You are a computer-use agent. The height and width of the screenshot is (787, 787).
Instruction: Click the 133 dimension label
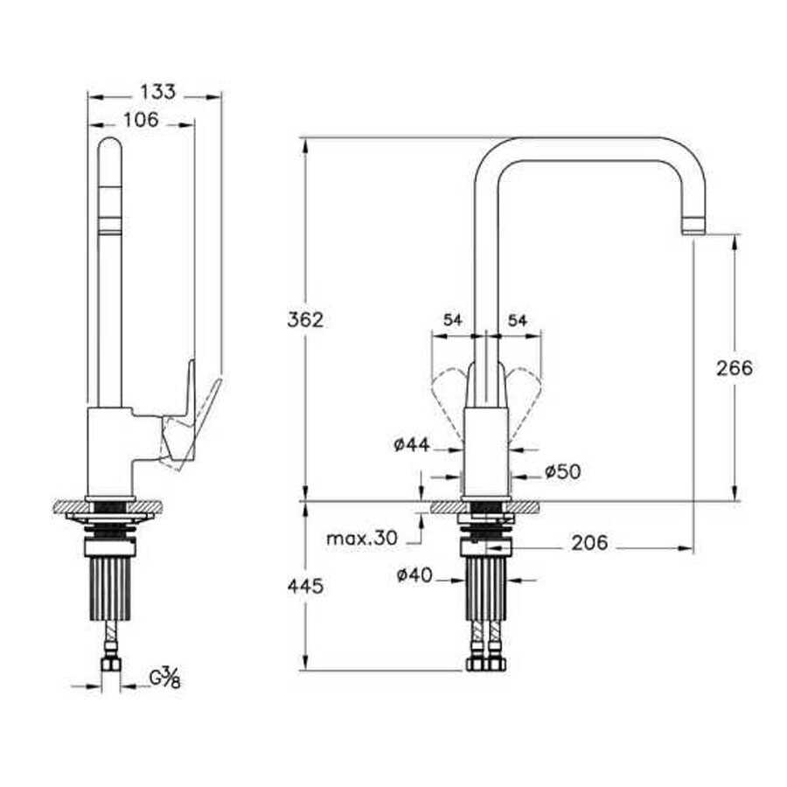tap(157, 93)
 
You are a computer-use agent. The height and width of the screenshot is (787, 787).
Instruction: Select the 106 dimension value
tap(141, 120)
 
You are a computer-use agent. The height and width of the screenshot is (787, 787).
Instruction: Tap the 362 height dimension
tap(305, 319)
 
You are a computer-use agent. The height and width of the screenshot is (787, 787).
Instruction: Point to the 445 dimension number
tap(305, 586)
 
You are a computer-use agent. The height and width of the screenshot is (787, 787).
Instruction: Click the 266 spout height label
tap(735, 368)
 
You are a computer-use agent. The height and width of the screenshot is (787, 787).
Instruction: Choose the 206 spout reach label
tap(589, 542)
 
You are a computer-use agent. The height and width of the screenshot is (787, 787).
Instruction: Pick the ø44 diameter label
tap(412, 444)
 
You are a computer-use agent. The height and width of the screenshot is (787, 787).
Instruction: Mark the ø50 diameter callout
tap(562, 471)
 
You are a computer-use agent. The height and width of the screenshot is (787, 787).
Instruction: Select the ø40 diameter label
tap(414, 575)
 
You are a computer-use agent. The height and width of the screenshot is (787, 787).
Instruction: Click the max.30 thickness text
tap(362, 539)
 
